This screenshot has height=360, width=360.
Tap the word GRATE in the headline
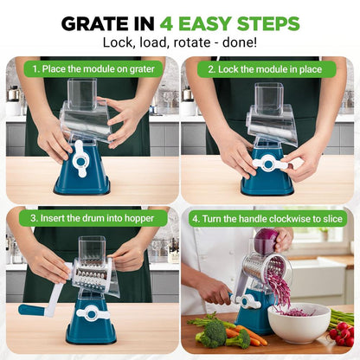click(x=95, y=23)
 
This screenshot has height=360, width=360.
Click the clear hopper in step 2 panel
click(x=269, y=108)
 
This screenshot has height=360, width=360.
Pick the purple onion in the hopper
click(x=267, y=240)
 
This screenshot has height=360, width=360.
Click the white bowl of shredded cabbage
click(x=298, y=321)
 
